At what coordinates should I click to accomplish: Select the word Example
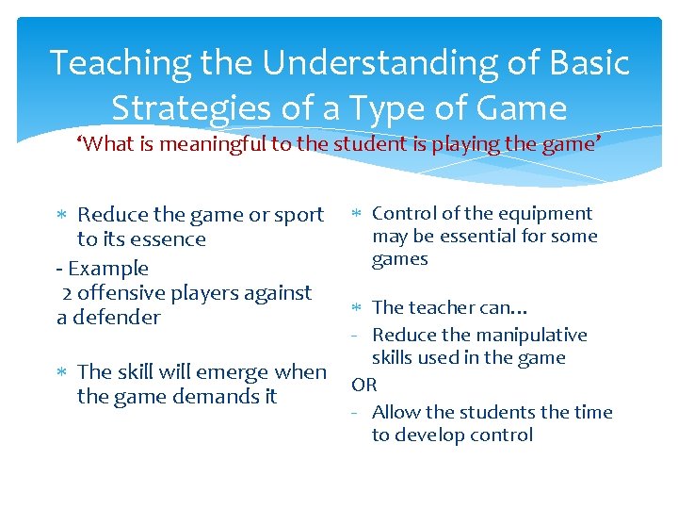point(108,269)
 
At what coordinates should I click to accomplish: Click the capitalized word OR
point(364,385)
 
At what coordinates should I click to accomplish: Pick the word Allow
point(395,413)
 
